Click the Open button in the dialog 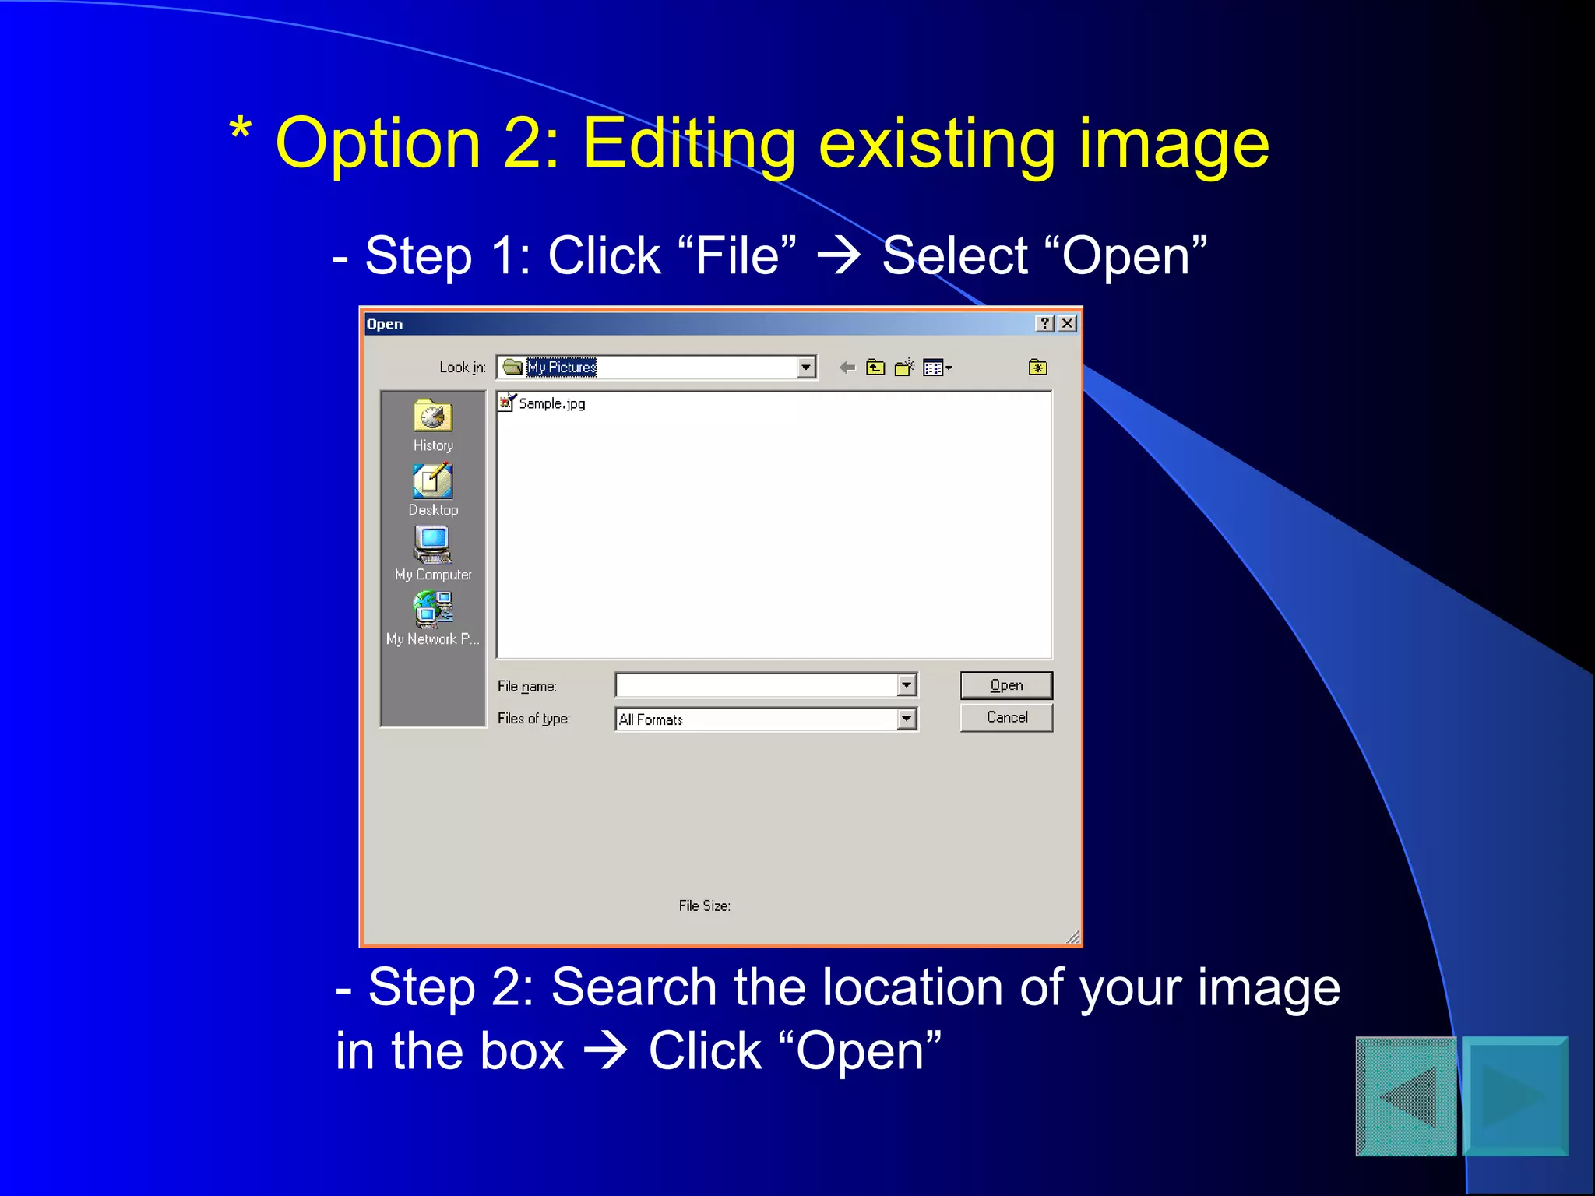point(1005,685)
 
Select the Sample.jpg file point(551,403)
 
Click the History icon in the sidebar point(432,417)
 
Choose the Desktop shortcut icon point(432,481)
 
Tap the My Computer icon point(432,545)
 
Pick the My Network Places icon point(433,609)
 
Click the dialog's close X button point(1068,324)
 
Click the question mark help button point(1045,324)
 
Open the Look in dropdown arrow point(806,367)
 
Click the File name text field point(755,685)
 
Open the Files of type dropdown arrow point(907,719)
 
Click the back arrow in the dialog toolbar point(847,368)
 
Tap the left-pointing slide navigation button point(1407,1096)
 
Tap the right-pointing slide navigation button point(1515,1096)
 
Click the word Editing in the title point(690,145)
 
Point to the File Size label point(704,906)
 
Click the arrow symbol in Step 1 point(838,256)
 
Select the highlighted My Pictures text point(562,367)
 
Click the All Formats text point(651,719)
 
